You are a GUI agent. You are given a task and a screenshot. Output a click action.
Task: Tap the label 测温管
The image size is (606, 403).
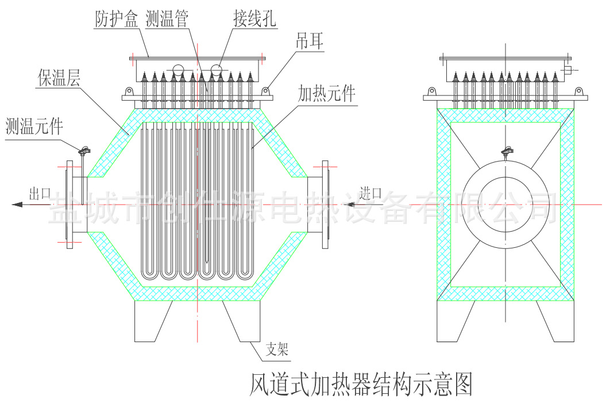tap(167, 20)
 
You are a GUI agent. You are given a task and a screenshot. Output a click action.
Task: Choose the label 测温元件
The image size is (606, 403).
tap(34, 125)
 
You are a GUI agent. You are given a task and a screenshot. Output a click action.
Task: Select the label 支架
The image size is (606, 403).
tap(277, 349)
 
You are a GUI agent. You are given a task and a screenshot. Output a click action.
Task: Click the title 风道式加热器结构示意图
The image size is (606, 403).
tap(361, 383)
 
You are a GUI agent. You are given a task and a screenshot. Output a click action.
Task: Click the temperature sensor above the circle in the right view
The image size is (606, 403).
tap(506, 151)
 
